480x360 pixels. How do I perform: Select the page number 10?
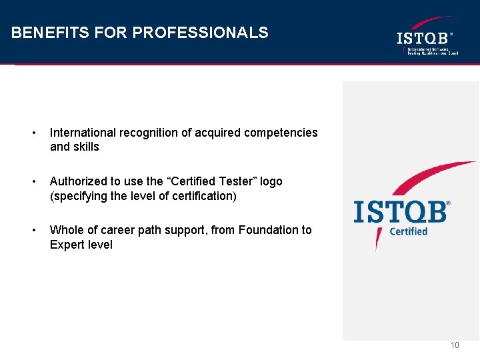(455, 345)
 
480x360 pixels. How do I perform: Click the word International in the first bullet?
(85, 133)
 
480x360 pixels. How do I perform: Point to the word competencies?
(281, 133)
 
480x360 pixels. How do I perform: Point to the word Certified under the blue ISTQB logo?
(408, 231)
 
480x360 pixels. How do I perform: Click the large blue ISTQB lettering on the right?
(401, 211)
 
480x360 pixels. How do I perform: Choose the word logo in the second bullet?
(271, 181)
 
